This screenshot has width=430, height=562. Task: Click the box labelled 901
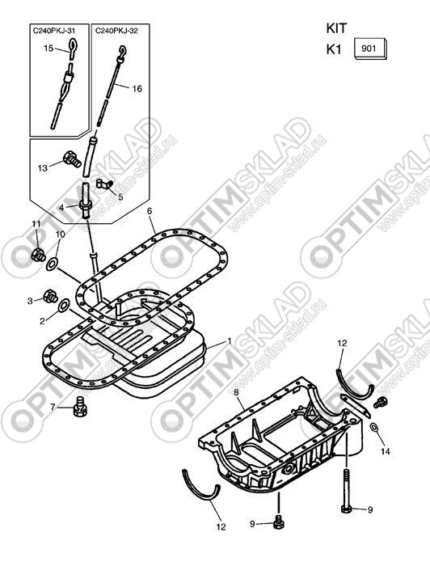click(370, 49)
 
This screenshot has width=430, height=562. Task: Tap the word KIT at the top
click(336, 28)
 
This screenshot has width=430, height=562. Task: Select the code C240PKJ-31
click(54, 31)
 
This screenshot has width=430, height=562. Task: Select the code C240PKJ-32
click(116, 31)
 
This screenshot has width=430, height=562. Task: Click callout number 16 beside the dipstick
click(137, 88)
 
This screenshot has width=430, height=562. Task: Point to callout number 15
click(48, 48)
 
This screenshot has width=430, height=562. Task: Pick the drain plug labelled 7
click(80, 406)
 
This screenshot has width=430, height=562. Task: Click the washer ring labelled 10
click(52, 264)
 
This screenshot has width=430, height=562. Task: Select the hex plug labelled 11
click(38, 255)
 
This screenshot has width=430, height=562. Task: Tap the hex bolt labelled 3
click(50, 296)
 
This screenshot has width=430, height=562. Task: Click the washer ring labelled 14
click(373, 428)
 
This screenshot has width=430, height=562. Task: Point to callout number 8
click(237, 392)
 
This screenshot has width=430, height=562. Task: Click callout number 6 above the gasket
click(150, 211)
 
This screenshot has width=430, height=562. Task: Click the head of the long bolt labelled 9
click(346, 509)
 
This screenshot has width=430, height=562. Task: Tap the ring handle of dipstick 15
click(73, 45)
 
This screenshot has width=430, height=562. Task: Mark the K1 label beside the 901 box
click(334, 49)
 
